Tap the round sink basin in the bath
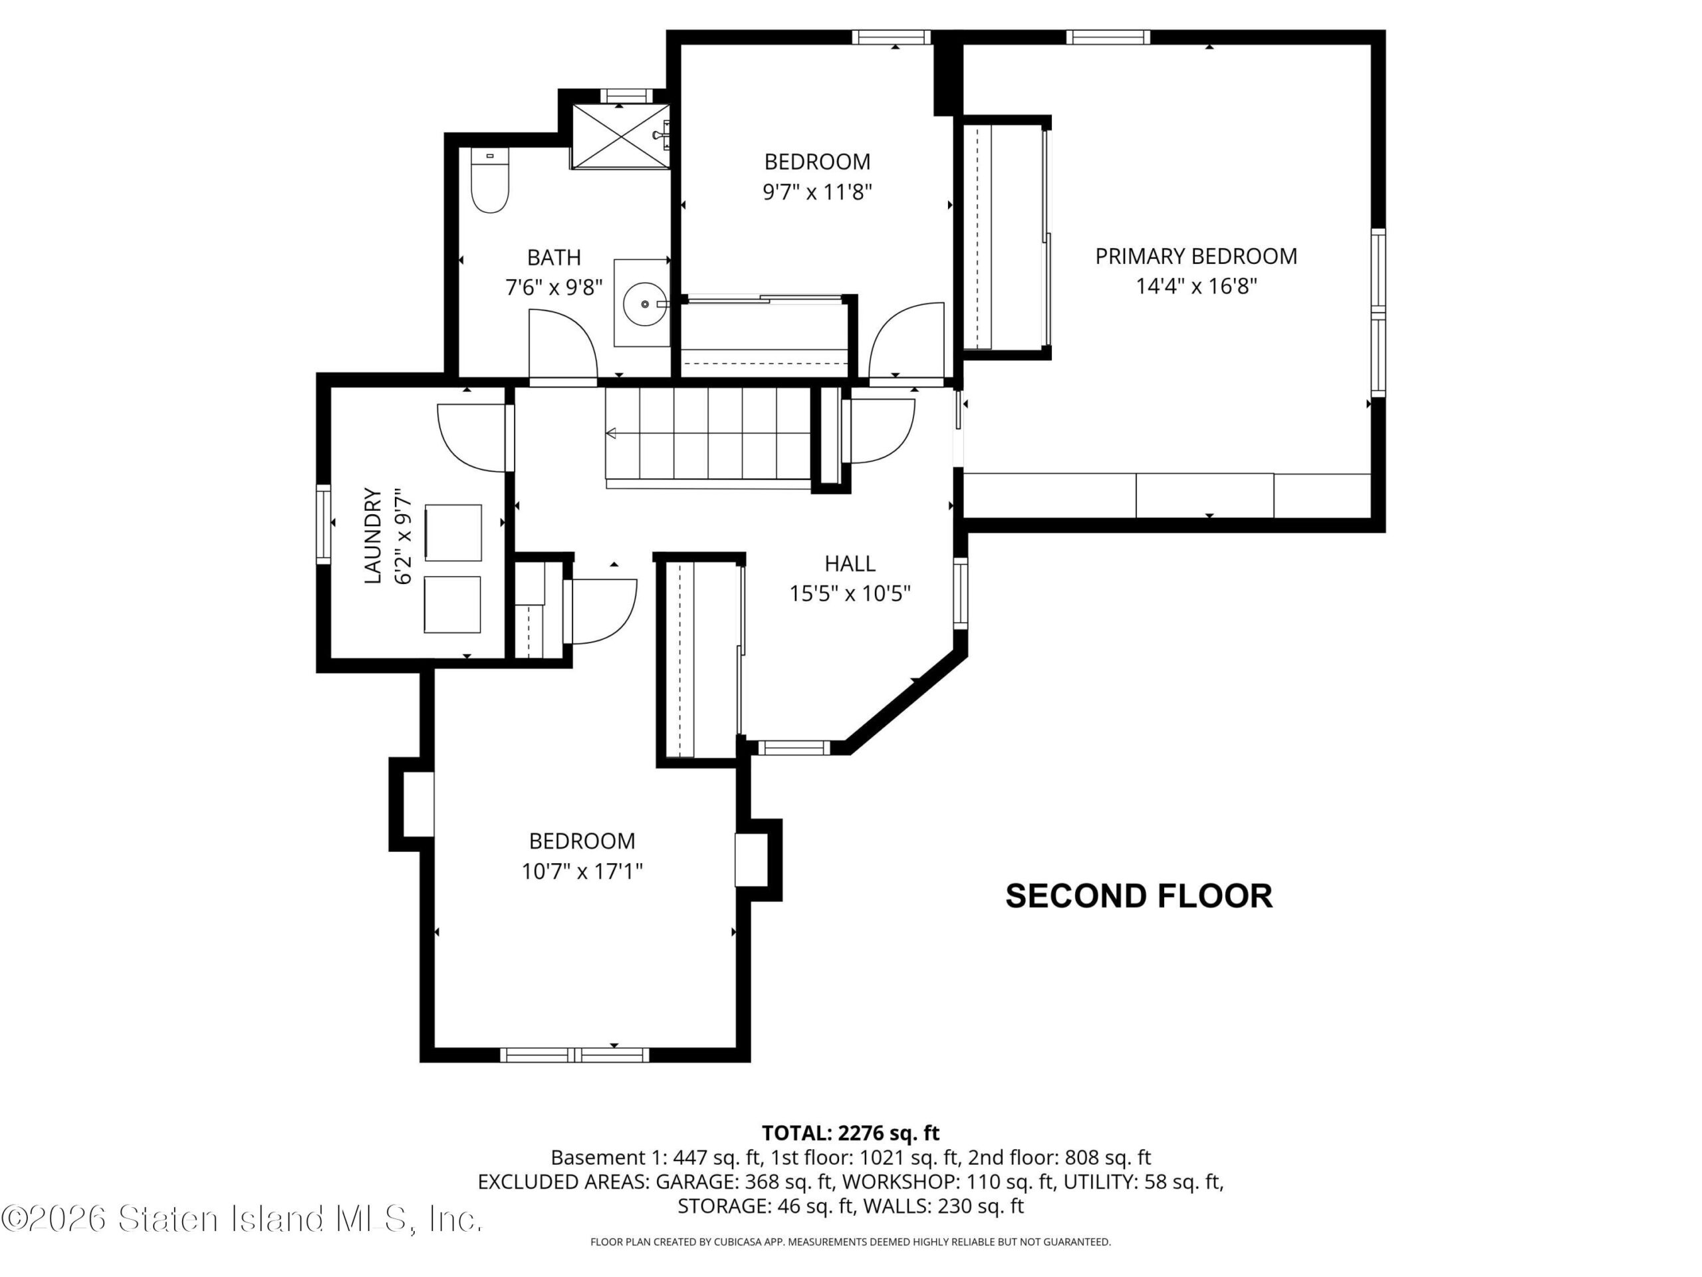(644, 305)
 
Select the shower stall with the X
(620, 136)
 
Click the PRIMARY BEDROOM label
(1195, 256)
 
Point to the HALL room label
(850, 563)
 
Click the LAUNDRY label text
(372, 535)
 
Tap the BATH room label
(553, 257)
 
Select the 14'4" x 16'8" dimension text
(1195, 287)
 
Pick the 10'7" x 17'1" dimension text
(582, 871)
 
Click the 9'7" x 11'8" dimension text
(817, 192)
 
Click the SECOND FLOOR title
(1139, 896)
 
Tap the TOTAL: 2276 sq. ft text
(850, 1133)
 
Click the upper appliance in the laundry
(453, 533)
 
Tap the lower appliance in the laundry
(453, 605)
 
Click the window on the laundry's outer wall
(323, 523)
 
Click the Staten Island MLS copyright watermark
(241, 1218)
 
